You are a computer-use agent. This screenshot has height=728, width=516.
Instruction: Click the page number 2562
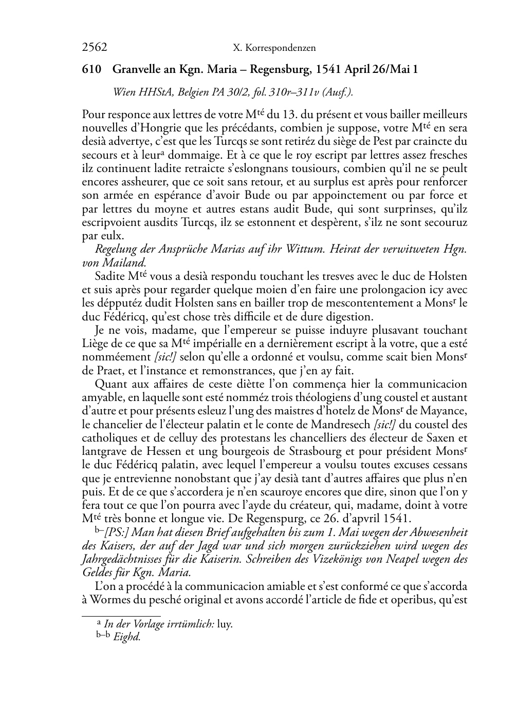[94, 48]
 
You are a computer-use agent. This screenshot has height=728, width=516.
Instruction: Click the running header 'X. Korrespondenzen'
[274, 48]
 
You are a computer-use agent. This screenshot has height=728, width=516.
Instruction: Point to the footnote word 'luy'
[225, 624]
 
